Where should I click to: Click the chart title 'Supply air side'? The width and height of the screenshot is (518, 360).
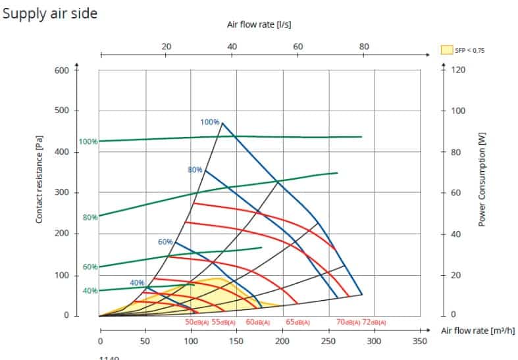click(x=50, y=14)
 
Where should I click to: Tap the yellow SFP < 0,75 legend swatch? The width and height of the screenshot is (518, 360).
click(x=447, y=49)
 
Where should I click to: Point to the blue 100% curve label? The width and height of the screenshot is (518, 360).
click(x=209, y=122)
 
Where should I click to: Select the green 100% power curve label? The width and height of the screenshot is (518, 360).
click(x=88, y=141)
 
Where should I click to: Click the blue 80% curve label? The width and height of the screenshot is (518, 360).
click(x=195, y=170)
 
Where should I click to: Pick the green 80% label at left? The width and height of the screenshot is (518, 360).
click(x=90, y=217)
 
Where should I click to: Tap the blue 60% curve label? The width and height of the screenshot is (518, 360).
click(x=165, y=242)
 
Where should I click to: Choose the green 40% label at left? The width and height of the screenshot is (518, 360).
click(x=90, y=291)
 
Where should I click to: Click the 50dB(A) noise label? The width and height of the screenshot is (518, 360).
click(x=197, y=322)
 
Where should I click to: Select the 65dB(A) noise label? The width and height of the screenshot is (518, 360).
click(x=298, y=322)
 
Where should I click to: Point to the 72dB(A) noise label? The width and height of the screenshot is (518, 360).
click(x=374, y=322)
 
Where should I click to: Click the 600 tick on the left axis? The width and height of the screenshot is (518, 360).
click(x=62, y=70)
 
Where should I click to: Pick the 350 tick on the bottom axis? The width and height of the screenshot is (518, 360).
click(x=419, y=342)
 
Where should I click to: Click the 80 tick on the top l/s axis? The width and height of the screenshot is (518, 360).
click(x=364, y=47)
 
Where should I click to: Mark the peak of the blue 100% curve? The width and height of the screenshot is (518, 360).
click(x=222, y=123)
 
